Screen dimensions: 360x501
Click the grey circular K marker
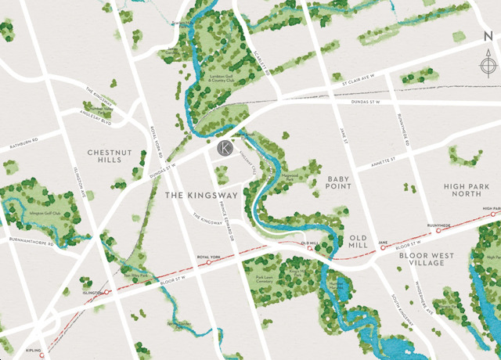[225, 147]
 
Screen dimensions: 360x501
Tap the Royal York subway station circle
[209, 263]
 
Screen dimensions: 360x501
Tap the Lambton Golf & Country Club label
[226, 78]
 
